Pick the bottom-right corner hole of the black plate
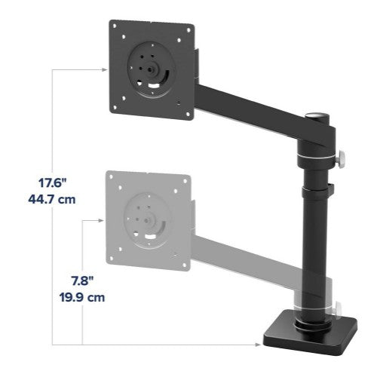pos(182,106)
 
